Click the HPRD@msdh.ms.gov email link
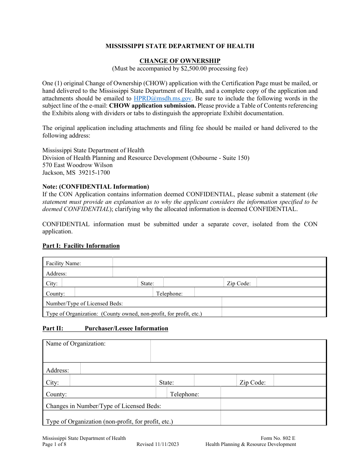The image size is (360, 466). [163, 98]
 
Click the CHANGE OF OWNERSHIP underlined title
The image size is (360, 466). [180, 61]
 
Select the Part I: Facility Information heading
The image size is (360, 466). [81, 246]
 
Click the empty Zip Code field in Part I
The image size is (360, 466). [291, 283]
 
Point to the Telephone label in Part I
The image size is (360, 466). [169, 294]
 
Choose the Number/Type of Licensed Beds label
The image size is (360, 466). [84, 303]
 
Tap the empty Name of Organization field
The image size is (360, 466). [238, 351]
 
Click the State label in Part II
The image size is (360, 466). [166, 383]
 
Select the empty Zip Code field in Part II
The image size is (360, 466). [299, 380]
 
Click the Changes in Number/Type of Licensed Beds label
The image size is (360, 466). [103, 406]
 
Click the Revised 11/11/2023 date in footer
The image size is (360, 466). [158, 444]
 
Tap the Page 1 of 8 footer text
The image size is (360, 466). [54, 444]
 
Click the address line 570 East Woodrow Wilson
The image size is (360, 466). [77, 165]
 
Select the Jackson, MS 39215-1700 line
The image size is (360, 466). [76, 173]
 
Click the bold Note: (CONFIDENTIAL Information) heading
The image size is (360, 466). [95, 187]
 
